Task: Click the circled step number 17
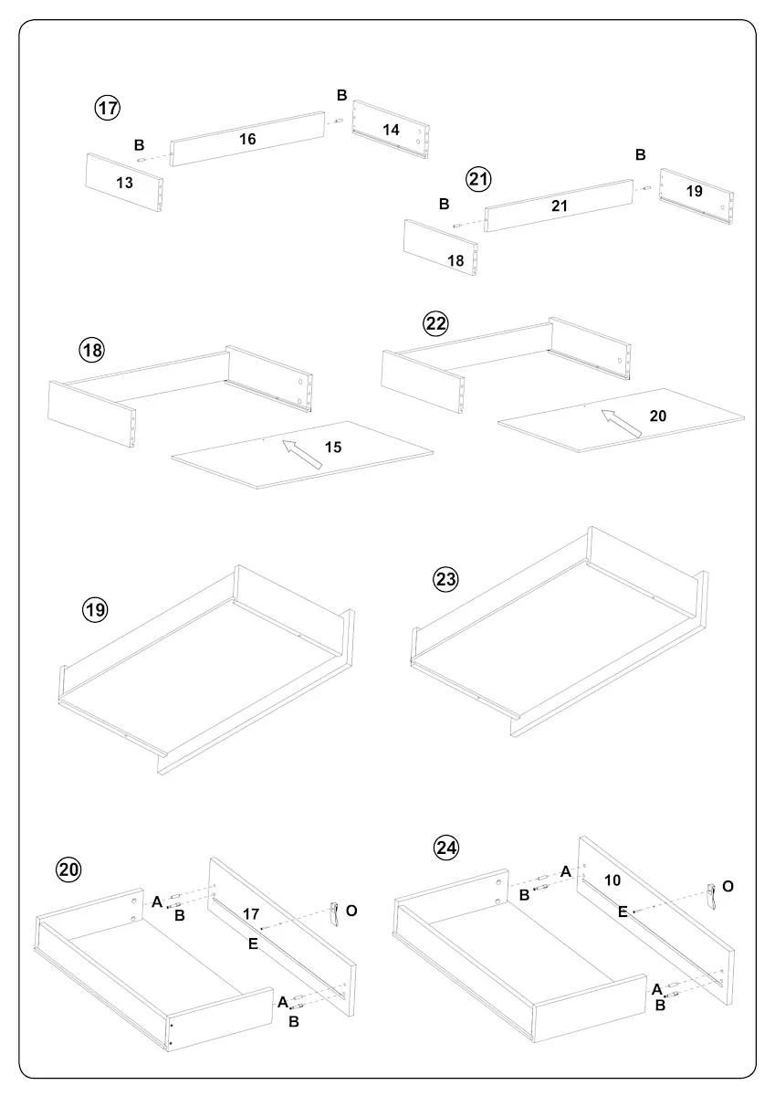[108, 108]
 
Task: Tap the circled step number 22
[435, 323]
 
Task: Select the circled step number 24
[445, 848]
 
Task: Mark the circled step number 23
[445, 579]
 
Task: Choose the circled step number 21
[478, 179]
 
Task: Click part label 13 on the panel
[125, 183]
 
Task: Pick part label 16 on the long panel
[247, 140]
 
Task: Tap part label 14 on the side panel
[391, 131]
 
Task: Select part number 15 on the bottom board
[333, 448]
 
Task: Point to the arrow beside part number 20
[621, 425]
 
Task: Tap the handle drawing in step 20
[335, 914]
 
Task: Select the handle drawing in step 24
[713, 896]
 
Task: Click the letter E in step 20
[253, 943]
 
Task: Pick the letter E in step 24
[623, 911]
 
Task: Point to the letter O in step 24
[728, 886]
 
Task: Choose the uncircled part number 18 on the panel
[456, 260]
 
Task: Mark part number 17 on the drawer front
[252, 912]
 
